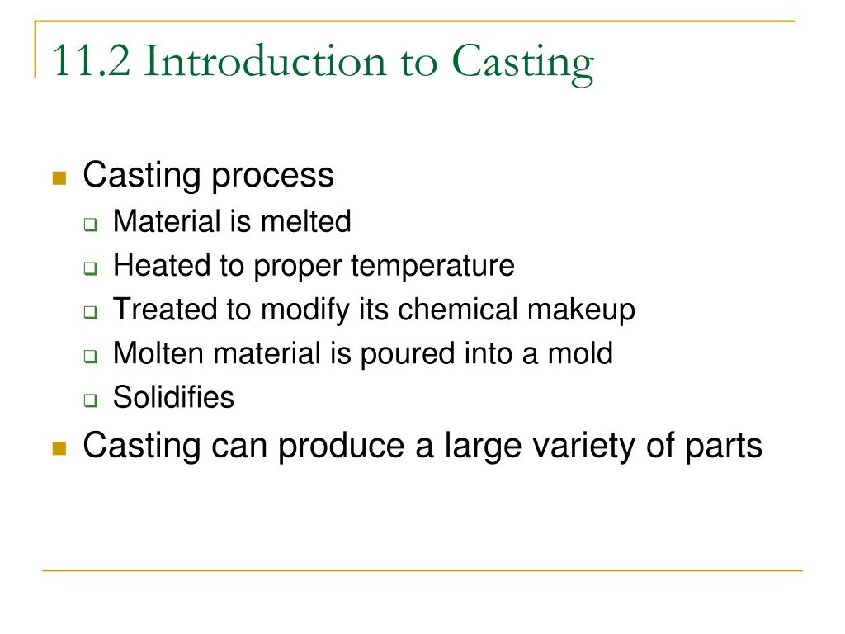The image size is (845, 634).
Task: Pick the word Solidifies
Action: pos(173,399)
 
